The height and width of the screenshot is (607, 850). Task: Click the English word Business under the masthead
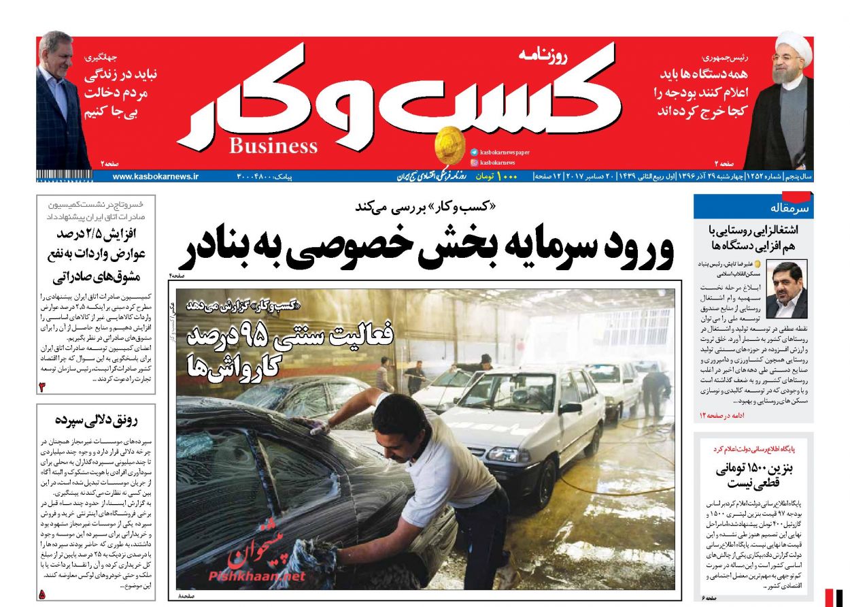coord(273,146)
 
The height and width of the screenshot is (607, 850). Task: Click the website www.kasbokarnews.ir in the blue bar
coord(156,176)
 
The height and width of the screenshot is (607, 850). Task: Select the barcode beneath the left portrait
coord(65,177)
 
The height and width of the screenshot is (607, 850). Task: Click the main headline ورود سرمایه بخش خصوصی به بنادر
coord(426,247)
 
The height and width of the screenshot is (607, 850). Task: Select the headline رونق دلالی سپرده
coord(96,420)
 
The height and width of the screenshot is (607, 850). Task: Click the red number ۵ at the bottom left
coord(42,594)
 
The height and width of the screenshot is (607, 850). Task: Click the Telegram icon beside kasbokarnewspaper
coord(473,152)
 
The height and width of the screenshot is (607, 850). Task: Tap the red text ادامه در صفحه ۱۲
coord(721,415)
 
